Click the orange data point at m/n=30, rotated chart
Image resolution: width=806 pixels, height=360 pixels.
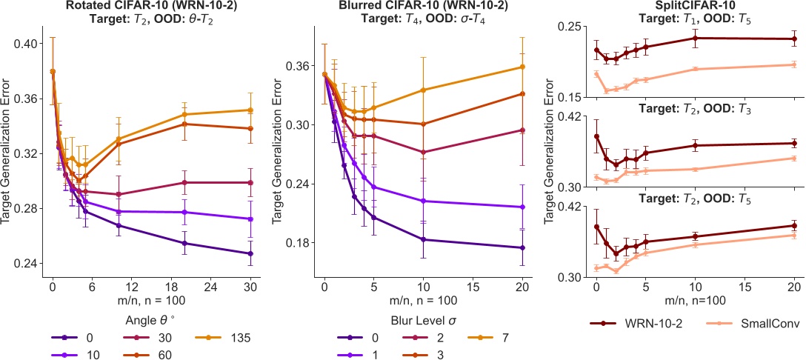point(250,110)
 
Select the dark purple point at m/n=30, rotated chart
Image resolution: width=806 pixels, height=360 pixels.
point(250,254)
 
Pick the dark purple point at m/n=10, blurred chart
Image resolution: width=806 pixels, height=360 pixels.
point(423,239)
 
